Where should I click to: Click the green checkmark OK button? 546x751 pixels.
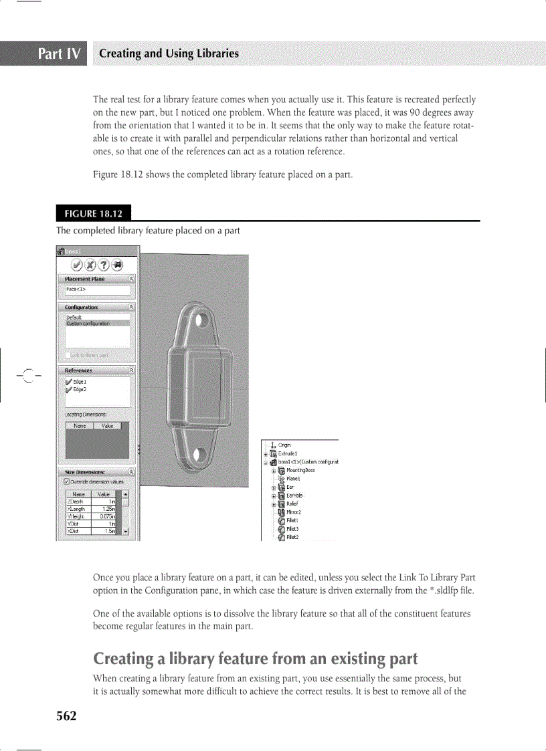[x=77, y=265]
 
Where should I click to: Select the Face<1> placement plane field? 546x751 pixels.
[x=96, y=290]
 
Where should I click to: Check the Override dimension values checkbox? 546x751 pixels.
[x=66, y=481]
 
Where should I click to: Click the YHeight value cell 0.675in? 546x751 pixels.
[x=106, y=516]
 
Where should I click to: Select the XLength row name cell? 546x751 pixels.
[x=76, y=509]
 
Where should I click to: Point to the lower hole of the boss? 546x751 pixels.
[x=199, y=455]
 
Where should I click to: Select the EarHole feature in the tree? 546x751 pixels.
[x=295, y=496]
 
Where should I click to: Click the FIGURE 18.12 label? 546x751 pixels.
[x=93, y=213]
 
